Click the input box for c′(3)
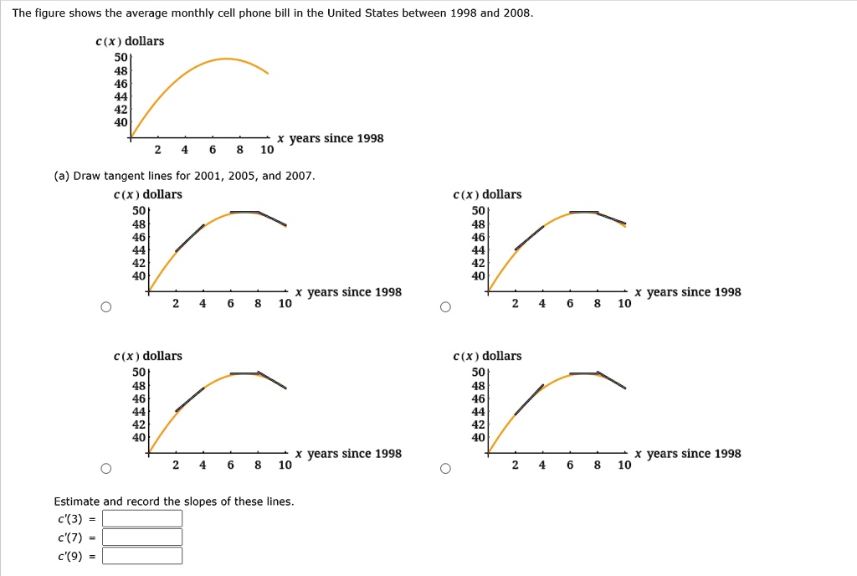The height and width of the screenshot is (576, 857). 142,518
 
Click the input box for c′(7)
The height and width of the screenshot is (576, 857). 142,537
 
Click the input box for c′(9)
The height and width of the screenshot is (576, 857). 142,556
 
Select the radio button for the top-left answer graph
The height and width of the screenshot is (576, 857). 106,307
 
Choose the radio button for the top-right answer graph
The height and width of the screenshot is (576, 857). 445,307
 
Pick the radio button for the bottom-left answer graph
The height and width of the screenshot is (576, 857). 106,468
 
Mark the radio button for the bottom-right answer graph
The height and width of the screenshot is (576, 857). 445,468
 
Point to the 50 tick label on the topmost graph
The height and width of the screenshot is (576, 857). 121,58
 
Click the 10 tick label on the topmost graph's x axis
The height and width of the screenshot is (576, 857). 267,150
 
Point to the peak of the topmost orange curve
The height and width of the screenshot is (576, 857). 226,59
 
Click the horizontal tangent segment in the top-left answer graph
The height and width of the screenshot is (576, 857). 244,212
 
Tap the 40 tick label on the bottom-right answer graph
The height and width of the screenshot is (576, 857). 478,437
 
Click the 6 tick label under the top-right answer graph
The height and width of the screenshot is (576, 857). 570,303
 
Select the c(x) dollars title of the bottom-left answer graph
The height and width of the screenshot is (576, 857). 147,357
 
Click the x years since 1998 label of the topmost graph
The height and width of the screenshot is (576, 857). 330,138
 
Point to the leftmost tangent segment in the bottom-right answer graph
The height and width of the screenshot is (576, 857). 529,400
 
